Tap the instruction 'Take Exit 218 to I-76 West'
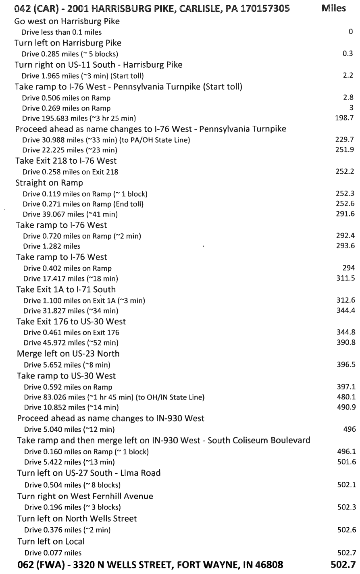(x=66, y=161)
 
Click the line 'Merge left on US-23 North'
(x=68, y=354)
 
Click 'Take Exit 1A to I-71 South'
(x=66, y=289)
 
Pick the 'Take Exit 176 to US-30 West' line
(x=71, y=322)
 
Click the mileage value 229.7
(x=345, y=139)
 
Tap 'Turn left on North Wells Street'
(x=77, y=518)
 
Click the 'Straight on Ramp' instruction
(x=49, y=183)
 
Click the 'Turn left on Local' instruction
(x=51, y=541)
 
